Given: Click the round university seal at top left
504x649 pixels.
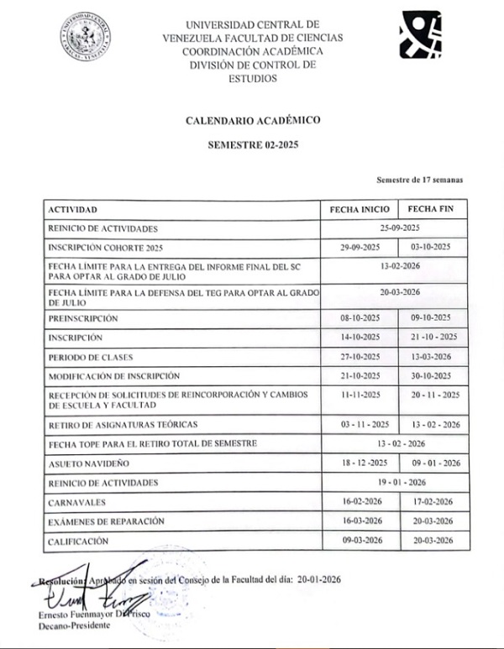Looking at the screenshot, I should tap(86, 34).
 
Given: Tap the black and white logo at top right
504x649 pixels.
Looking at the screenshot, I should tap(420, 34).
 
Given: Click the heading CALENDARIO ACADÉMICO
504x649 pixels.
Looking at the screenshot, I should tap(253, 121).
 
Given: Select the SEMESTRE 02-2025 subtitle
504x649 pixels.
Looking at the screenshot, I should tap(253, 144).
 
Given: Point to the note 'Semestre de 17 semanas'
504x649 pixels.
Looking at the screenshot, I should tap(420, 180).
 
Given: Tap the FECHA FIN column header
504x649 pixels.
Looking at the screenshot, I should tap(431, 208).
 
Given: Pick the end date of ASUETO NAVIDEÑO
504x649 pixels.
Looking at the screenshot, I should tap(432, 463).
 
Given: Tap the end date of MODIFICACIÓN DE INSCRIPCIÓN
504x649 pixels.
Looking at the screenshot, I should tap(432, 375).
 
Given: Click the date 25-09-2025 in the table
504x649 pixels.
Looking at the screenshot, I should tap(399, 228).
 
